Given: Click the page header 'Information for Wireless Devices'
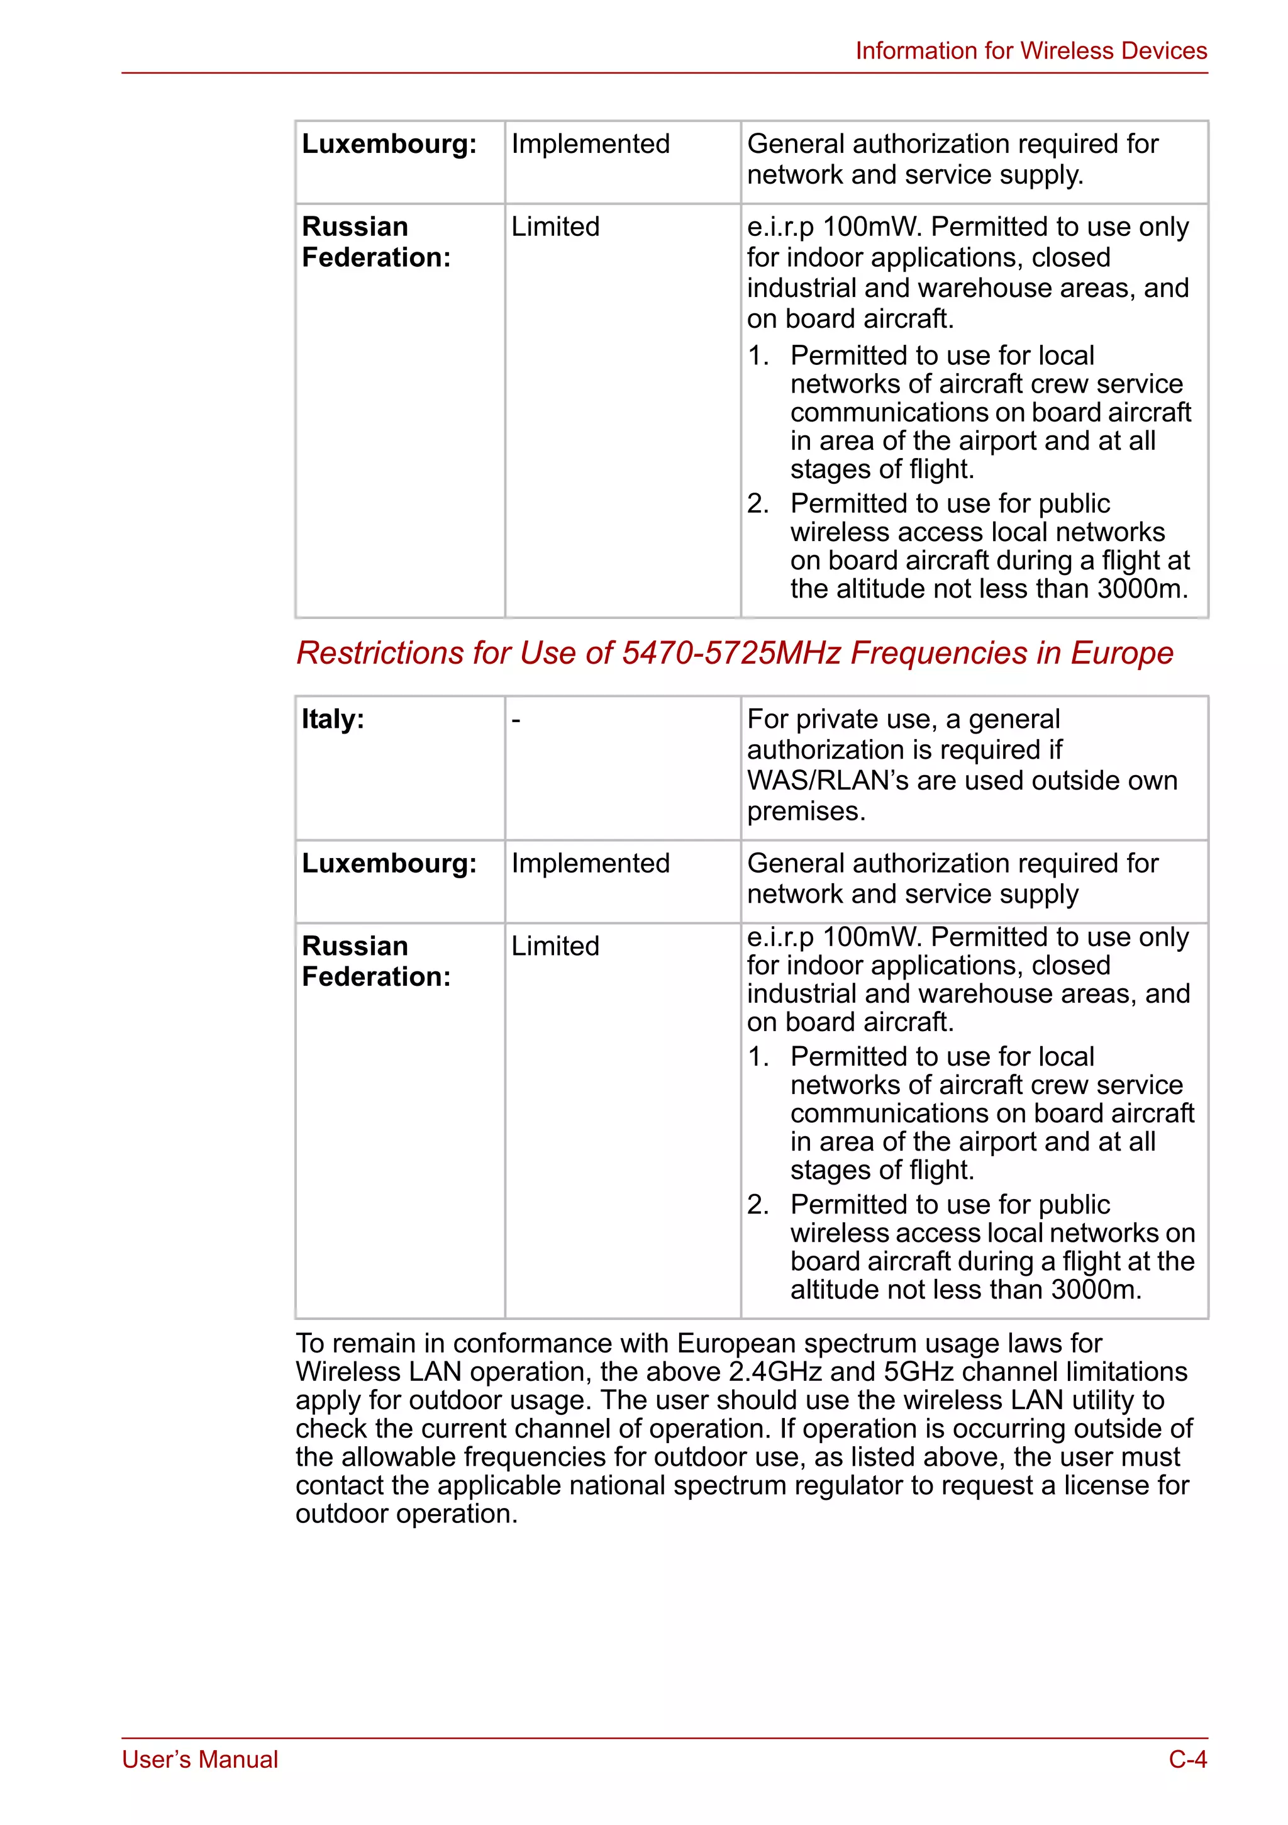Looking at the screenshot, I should click(1031, 51).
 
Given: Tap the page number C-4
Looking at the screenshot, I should click(1187, 1759).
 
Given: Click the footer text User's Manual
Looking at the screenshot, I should click(200, 1759).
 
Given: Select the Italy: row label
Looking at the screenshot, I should click(333, 719).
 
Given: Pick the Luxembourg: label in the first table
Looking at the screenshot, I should click(389, 144).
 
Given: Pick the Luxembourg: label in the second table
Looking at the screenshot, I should click(389, 863).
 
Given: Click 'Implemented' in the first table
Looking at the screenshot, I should click(591, 144).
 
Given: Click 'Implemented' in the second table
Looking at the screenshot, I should click(591, 863).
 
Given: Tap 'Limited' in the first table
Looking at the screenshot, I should click(555, 226).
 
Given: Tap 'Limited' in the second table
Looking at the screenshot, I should click(555, 946).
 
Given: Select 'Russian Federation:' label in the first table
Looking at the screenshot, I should click(376, 242).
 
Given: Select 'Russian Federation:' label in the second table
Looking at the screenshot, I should click(376, 961).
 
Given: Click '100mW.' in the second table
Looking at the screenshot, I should click(872, 937).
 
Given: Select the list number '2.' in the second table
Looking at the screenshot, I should click(758, 1204).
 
